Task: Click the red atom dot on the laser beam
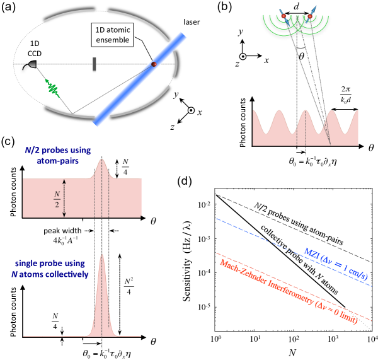(x=153, y=64)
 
